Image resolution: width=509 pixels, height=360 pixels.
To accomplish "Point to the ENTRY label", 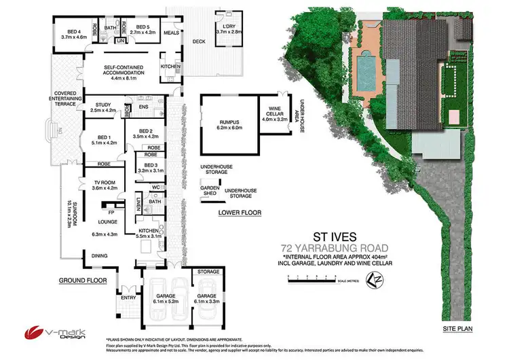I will pyautogui.click(x=128, y=296).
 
